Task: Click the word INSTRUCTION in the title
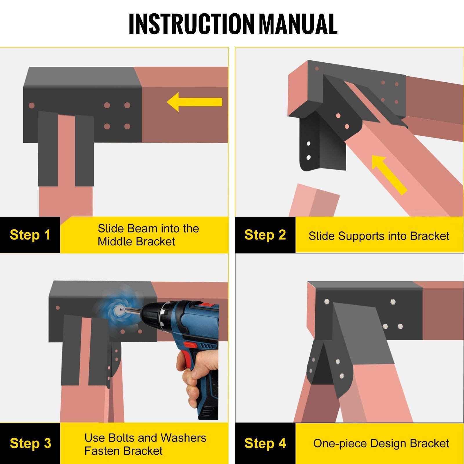tap(191, 24)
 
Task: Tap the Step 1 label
tap(30, 235)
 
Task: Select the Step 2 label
tap(265, 235)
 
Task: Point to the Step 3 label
tap(30, 443)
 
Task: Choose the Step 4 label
tap(265, 443)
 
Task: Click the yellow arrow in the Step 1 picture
tap(194, 102)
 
